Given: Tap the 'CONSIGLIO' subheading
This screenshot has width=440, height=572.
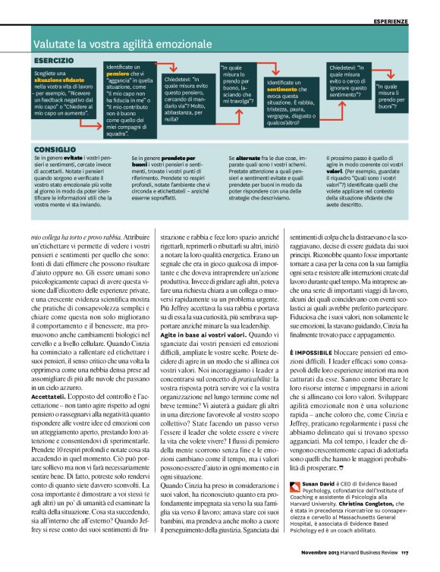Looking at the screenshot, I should (x=54, y=149).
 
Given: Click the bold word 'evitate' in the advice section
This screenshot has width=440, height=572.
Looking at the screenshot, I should (x=74, y=157).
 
